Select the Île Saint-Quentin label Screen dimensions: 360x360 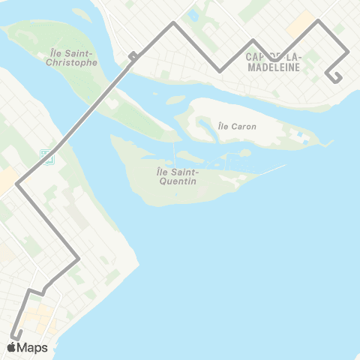tap(177, 177)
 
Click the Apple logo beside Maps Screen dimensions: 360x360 tap(11, 347)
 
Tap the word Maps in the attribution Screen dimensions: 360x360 tap(32, 347)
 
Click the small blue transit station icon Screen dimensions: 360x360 tap(46, 156)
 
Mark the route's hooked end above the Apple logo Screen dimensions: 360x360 tap(13, 335)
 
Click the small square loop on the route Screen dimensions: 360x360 tap(133, 55)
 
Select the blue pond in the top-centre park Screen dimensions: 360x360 tap(193, 14)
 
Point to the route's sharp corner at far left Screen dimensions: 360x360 tap(16, 182)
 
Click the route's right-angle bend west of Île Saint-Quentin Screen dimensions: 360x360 tap(79, 259)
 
